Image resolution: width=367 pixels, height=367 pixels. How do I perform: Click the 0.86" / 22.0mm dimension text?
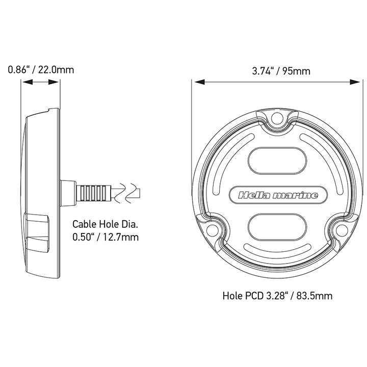pos(41,69)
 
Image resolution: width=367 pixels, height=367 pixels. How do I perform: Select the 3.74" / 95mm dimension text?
pos(281,71)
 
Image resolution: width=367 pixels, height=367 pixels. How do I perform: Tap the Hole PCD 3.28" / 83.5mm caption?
pos(278,295)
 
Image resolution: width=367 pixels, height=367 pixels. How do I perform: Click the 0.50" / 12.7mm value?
pos(105,237)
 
